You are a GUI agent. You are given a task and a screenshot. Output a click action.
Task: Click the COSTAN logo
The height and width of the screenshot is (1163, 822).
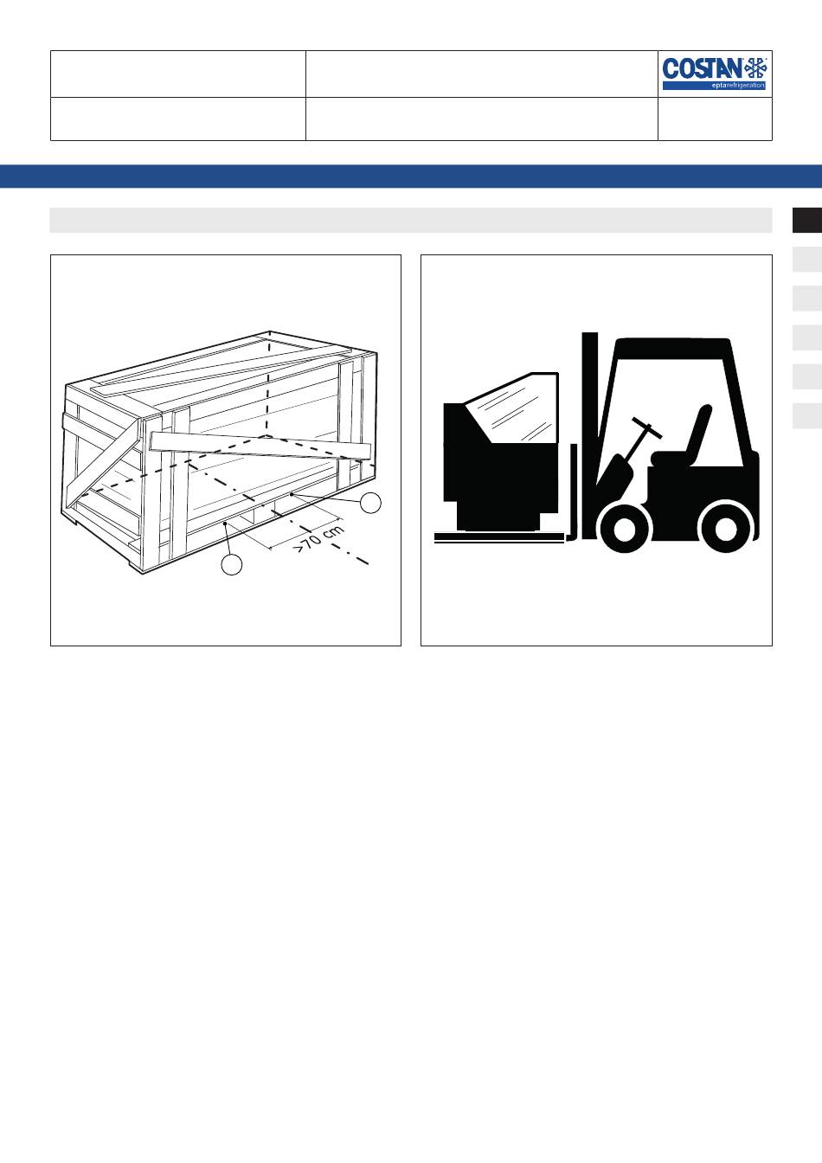pos(715,74)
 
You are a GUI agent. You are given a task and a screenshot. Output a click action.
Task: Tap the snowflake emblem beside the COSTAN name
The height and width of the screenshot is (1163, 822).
pos(755,68)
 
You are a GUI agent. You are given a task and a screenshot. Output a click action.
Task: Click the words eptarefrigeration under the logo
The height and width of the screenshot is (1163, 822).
pos(738,86)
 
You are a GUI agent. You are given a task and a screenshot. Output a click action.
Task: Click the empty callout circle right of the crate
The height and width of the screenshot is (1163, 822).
pos(370,503)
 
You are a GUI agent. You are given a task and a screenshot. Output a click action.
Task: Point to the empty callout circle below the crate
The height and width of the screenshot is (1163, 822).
pos(232,564)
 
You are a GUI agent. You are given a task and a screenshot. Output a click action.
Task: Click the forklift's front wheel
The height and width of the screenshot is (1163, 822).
pos(624,529)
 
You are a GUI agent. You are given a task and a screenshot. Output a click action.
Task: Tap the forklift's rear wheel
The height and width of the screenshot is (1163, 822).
pos(724,529)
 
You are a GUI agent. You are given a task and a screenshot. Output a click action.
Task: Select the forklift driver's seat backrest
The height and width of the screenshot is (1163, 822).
pos(699,429)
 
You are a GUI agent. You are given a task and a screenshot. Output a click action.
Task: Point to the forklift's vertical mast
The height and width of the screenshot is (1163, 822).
pos(590,435)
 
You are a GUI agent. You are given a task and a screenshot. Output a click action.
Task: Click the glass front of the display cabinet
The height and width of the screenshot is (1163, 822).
pos(514,409)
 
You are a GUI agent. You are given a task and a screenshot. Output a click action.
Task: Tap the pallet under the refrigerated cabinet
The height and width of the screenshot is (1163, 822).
pos(499,537)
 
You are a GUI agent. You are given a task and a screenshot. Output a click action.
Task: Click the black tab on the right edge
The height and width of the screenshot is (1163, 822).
pos(807,220)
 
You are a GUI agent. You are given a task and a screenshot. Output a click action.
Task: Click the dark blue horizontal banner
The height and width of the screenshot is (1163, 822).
pos(411,176)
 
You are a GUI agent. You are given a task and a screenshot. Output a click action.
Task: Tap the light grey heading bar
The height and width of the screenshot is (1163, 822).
pos(411,220)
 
